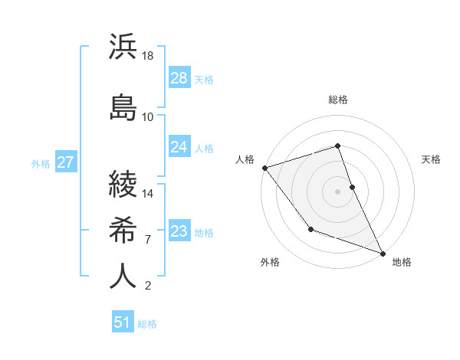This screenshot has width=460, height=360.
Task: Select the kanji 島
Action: point(123,105)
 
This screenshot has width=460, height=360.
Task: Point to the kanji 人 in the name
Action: point(123,275)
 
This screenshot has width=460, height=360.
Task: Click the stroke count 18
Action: point(148,57)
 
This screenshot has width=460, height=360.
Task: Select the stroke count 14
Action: point(148,194)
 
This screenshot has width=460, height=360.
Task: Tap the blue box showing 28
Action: point(179,78)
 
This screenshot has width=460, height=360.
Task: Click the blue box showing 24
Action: point(179,147)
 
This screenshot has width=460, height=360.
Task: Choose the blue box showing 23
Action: point(179,231)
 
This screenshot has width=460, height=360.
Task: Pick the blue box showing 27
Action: point(65,162)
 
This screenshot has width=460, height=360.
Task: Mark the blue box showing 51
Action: point(123,322)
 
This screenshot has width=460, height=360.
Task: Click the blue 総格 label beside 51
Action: point(147,324)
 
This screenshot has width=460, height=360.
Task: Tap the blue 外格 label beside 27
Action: point(41,164)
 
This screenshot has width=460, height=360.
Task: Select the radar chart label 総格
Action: point(337,100)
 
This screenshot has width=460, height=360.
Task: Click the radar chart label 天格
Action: point(432,159)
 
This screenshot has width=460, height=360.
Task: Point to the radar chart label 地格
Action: point(402,262)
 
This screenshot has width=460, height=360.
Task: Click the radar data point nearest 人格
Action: point(264,168)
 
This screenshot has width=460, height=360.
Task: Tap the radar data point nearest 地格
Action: point(382,252)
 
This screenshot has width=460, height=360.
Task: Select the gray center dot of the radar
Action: point(337,191)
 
